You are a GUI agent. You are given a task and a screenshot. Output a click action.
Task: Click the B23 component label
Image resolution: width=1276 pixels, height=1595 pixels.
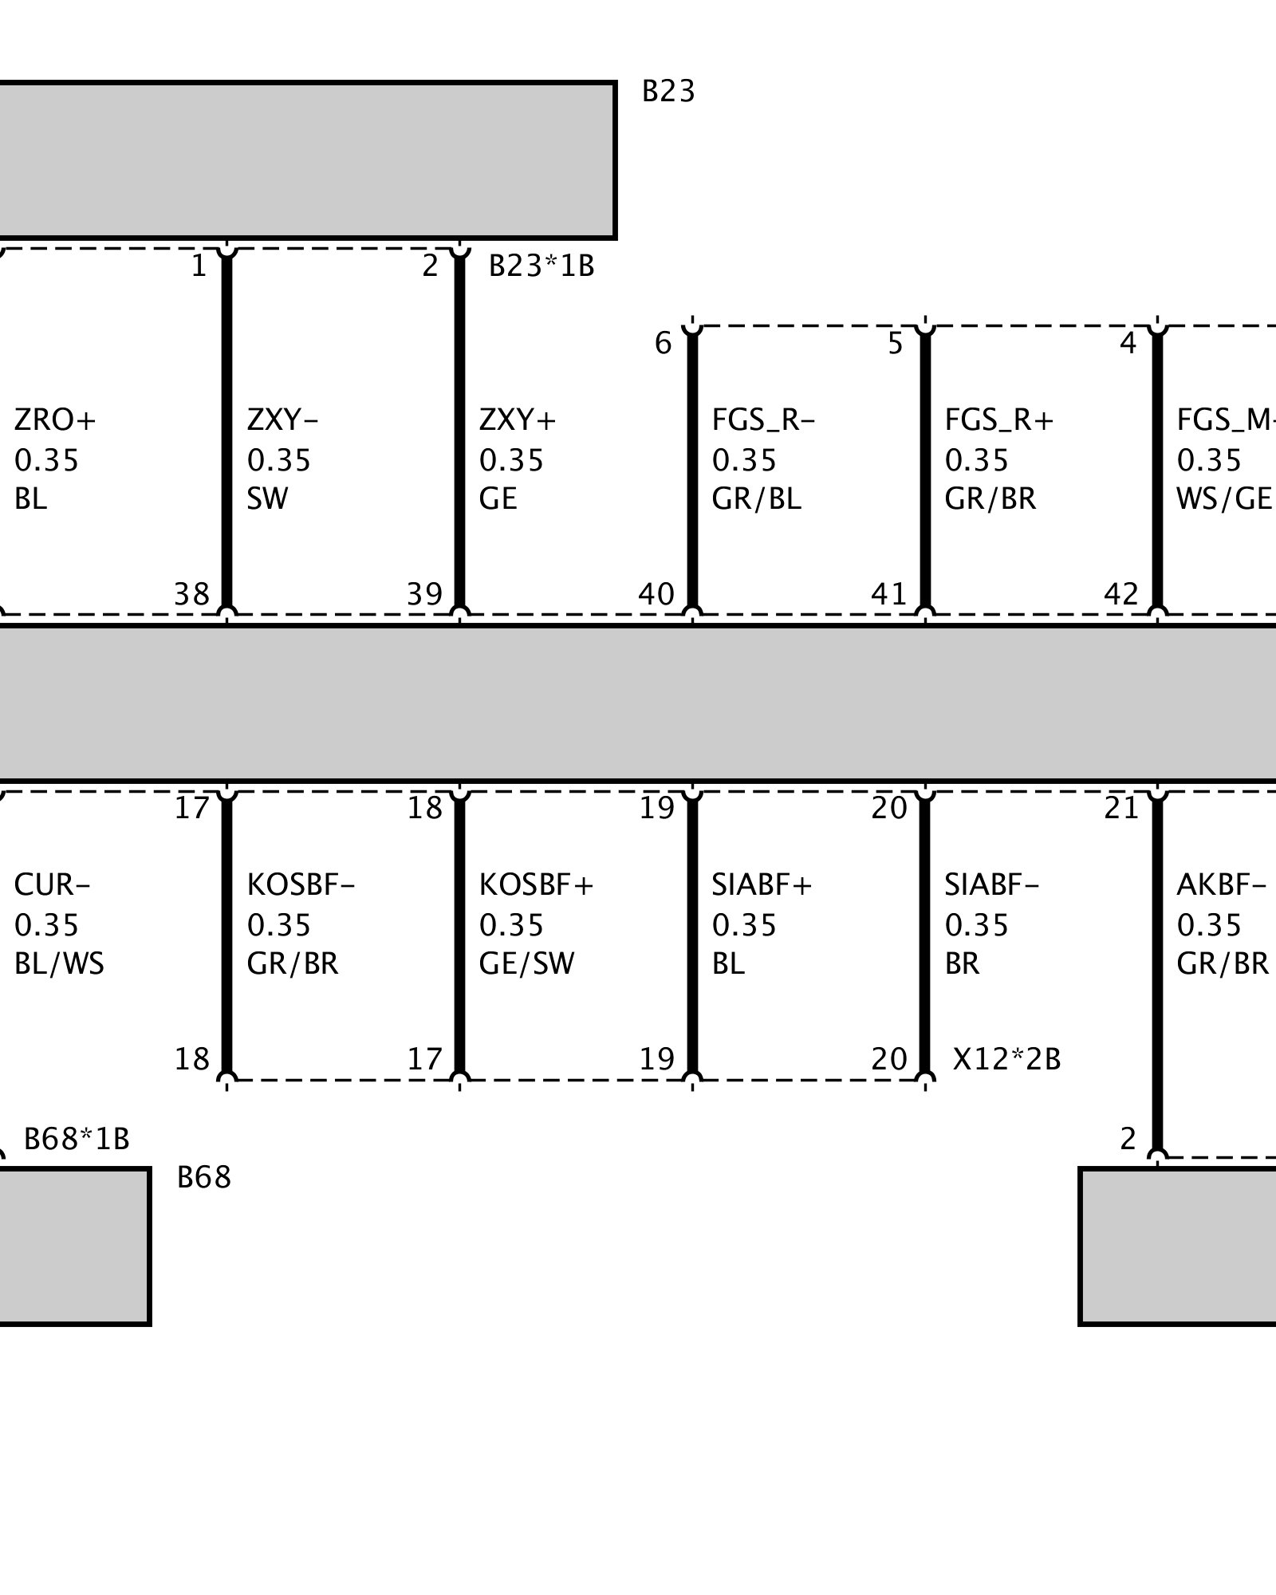[x=668, y=93]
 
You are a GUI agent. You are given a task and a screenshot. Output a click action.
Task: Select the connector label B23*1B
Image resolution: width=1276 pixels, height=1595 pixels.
[x=542, y=266]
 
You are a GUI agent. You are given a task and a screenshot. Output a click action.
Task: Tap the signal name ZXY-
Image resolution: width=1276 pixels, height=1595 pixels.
[x=282, y=419]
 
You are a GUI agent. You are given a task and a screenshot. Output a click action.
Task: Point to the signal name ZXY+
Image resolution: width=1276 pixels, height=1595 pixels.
[x=518, y=419]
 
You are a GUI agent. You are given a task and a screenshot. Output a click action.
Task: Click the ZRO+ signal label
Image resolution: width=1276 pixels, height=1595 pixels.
[x=55, y=419]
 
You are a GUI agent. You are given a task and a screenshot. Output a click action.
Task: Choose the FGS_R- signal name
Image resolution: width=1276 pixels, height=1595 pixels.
[x=763, y=419]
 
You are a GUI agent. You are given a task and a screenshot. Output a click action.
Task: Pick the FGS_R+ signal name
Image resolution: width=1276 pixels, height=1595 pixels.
[x=999, y=419]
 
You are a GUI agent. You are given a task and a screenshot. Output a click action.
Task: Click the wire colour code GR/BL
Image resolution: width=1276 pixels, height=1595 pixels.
[x=756, y=499]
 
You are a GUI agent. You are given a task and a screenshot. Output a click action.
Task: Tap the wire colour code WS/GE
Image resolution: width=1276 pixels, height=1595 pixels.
[x=1224, y=499]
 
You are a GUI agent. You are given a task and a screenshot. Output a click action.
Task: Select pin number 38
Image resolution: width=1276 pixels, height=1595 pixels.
[x=191, y=594]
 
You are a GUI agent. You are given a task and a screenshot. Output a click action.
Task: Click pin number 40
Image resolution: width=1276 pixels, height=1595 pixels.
[x=656, y=594]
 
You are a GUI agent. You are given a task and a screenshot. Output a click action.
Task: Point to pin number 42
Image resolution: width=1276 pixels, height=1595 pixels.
[x=1121, y=594]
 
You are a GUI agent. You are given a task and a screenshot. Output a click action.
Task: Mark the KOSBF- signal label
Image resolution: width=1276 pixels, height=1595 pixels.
[x=301, y=884]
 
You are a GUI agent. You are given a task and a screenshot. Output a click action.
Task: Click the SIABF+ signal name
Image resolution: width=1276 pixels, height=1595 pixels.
[x=762, y=884]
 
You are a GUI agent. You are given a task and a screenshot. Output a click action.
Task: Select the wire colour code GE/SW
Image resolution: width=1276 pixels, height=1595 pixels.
[x=526, y=964]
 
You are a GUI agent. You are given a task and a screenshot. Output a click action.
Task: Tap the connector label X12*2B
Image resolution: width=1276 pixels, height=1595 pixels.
[x=1006, y=1059]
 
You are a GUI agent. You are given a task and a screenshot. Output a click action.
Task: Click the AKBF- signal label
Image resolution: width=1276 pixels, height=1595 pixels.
[x=1221, y=884]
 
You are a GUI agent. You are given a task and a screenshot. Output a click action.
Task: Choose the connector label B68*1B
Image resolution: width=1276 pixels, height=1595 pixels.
[x=77, y=1139]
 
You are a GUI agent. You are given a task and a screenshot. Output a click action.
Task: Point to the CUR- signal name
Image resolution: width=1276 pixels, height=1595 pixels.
[x=52, y=884]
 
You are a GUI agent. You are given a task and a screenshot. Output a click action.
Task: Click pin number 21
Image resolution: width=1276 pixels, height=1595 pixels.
[x=1121, y=809]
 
